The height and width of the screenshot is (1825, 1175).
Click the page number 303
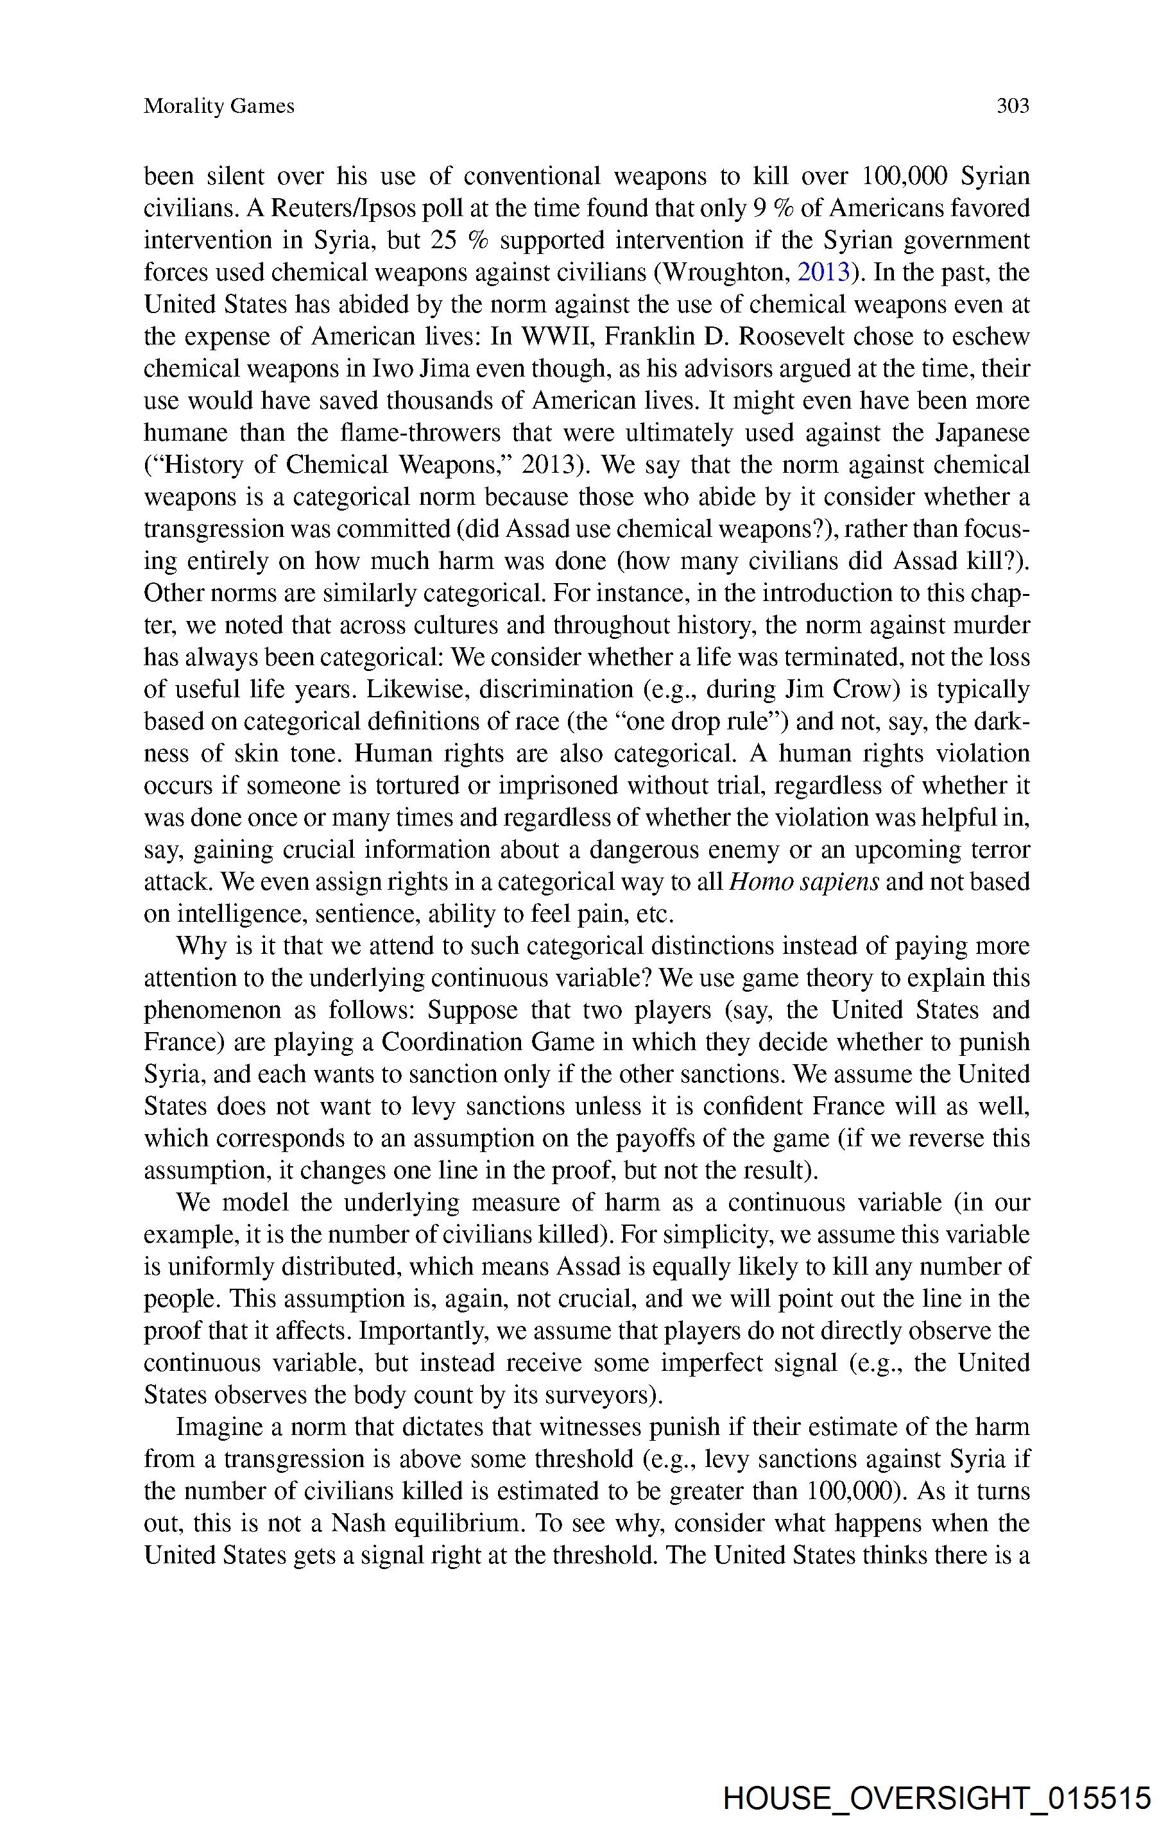(1013, 106)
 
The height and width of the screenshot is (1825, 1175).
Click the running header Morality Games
(219, 106)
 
